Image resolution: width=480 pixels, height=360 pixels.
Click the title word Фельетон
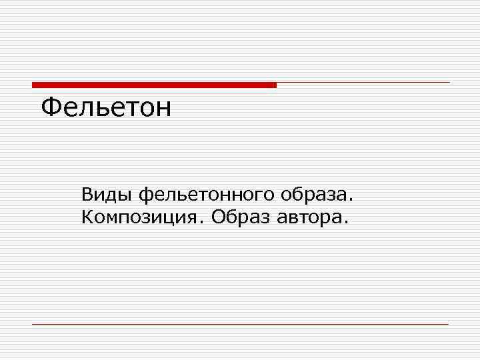click(106, 107)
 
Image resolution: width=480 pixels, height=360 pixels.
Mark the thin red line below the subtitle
click(240, 324)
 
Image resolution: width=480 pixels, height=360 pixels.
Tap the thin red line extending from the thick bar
click(363, 83)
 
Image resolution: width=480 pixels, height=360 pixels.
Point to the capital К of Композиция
click(87, 217)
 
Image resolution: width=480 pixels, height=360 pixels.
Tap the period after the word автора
click(345, 221)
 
